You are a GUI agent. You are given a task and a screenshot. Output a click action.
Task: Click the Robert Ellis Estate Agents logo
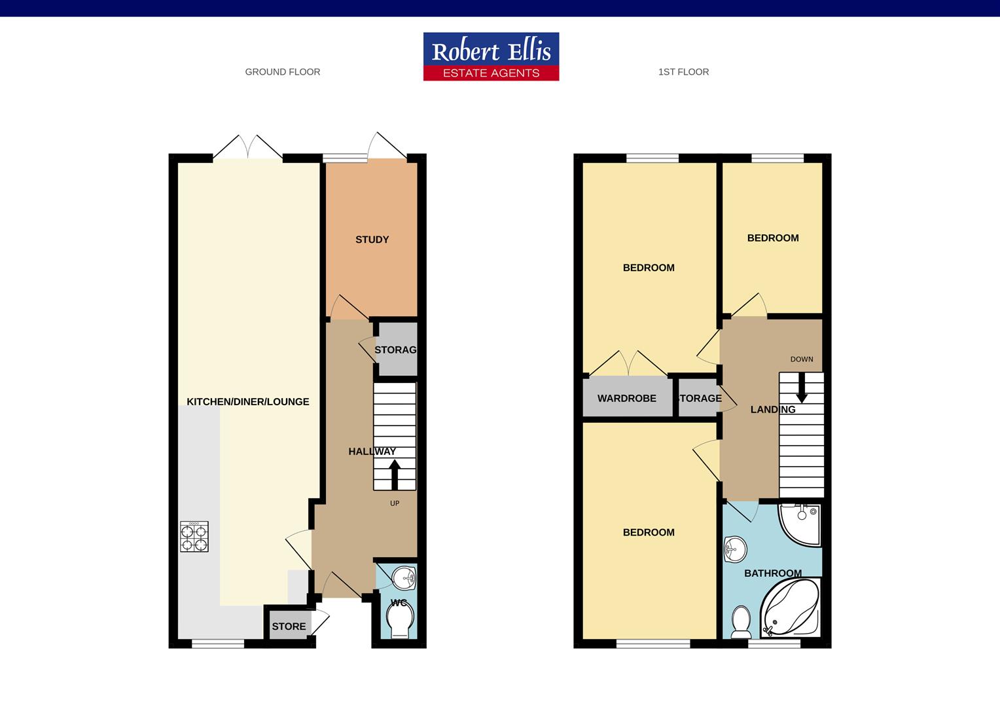coord(491,56)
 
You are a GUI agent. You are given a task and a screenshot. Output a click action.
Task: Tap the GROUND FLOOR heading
coord(283,72)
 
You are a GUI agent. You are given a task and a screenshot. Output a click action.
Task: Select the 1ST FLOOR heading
coord(683,72)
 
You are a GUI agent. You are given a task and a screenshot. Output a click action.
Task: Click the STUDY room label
coord(372,240)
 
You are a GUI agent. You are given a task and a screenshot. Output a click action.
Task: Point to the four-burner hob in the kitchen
coord(194,536)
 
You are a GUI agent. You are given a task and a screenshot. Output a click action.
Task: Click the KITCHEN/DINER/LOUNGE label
coord(248,401)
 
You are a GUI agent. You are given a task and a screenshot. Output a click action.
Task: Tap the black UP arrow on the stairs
coord(395,475)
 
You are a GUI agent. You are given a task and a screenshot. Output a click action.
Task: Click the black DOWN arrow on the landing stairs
coord(802,388)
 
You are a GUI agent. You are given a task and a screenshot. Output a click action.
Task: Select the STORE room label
coord(289,626)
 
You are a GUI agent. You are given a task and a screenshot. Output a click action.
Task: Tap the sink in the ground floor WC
coord(404,578)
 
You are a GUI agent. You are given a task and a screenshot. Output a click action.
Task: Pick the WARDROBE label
coord(627,398)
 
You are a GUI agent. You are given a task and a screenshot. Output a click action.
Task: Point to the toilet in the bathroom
coord(741,622)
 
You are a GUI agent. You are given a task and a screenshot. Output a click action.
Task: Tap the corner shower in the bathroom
coord(800,525)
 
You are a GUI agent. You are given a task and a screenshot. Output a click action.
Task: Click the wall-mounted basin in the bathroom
coord(735,550)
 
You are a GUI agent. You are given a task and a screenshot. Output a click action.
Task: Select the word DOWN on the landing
coord(802,359)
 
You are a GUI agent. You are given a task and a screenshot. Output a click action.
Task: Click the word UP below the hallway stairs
coord(395,503)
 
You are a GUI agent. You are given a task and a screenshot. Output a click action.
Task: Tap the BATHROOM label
coord(773,573)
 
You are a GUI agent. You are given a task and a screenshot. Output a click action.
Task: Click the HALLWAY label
coord(372,452)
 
